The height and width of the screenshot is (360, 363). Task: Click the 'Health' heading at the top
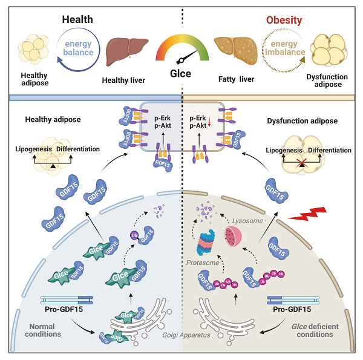coord(77,19)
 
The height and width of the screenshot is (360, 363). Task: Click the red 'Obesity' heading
coord(284,19)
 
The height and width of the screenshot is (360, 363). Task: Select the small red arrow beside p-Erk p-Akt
coord(209,126)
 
